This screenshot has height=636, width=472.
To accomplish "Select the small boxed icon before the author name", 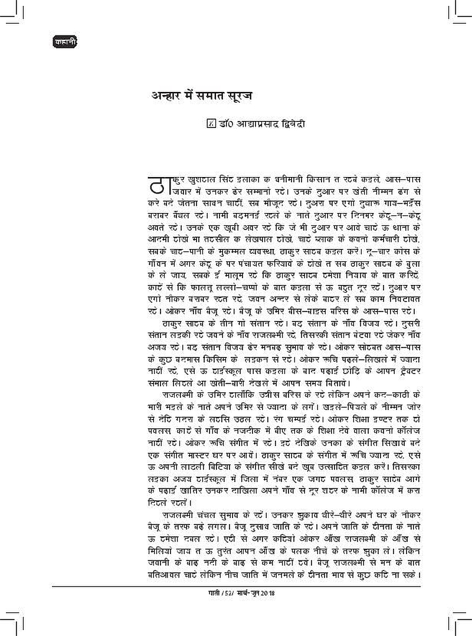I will (x=212, y=124).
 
